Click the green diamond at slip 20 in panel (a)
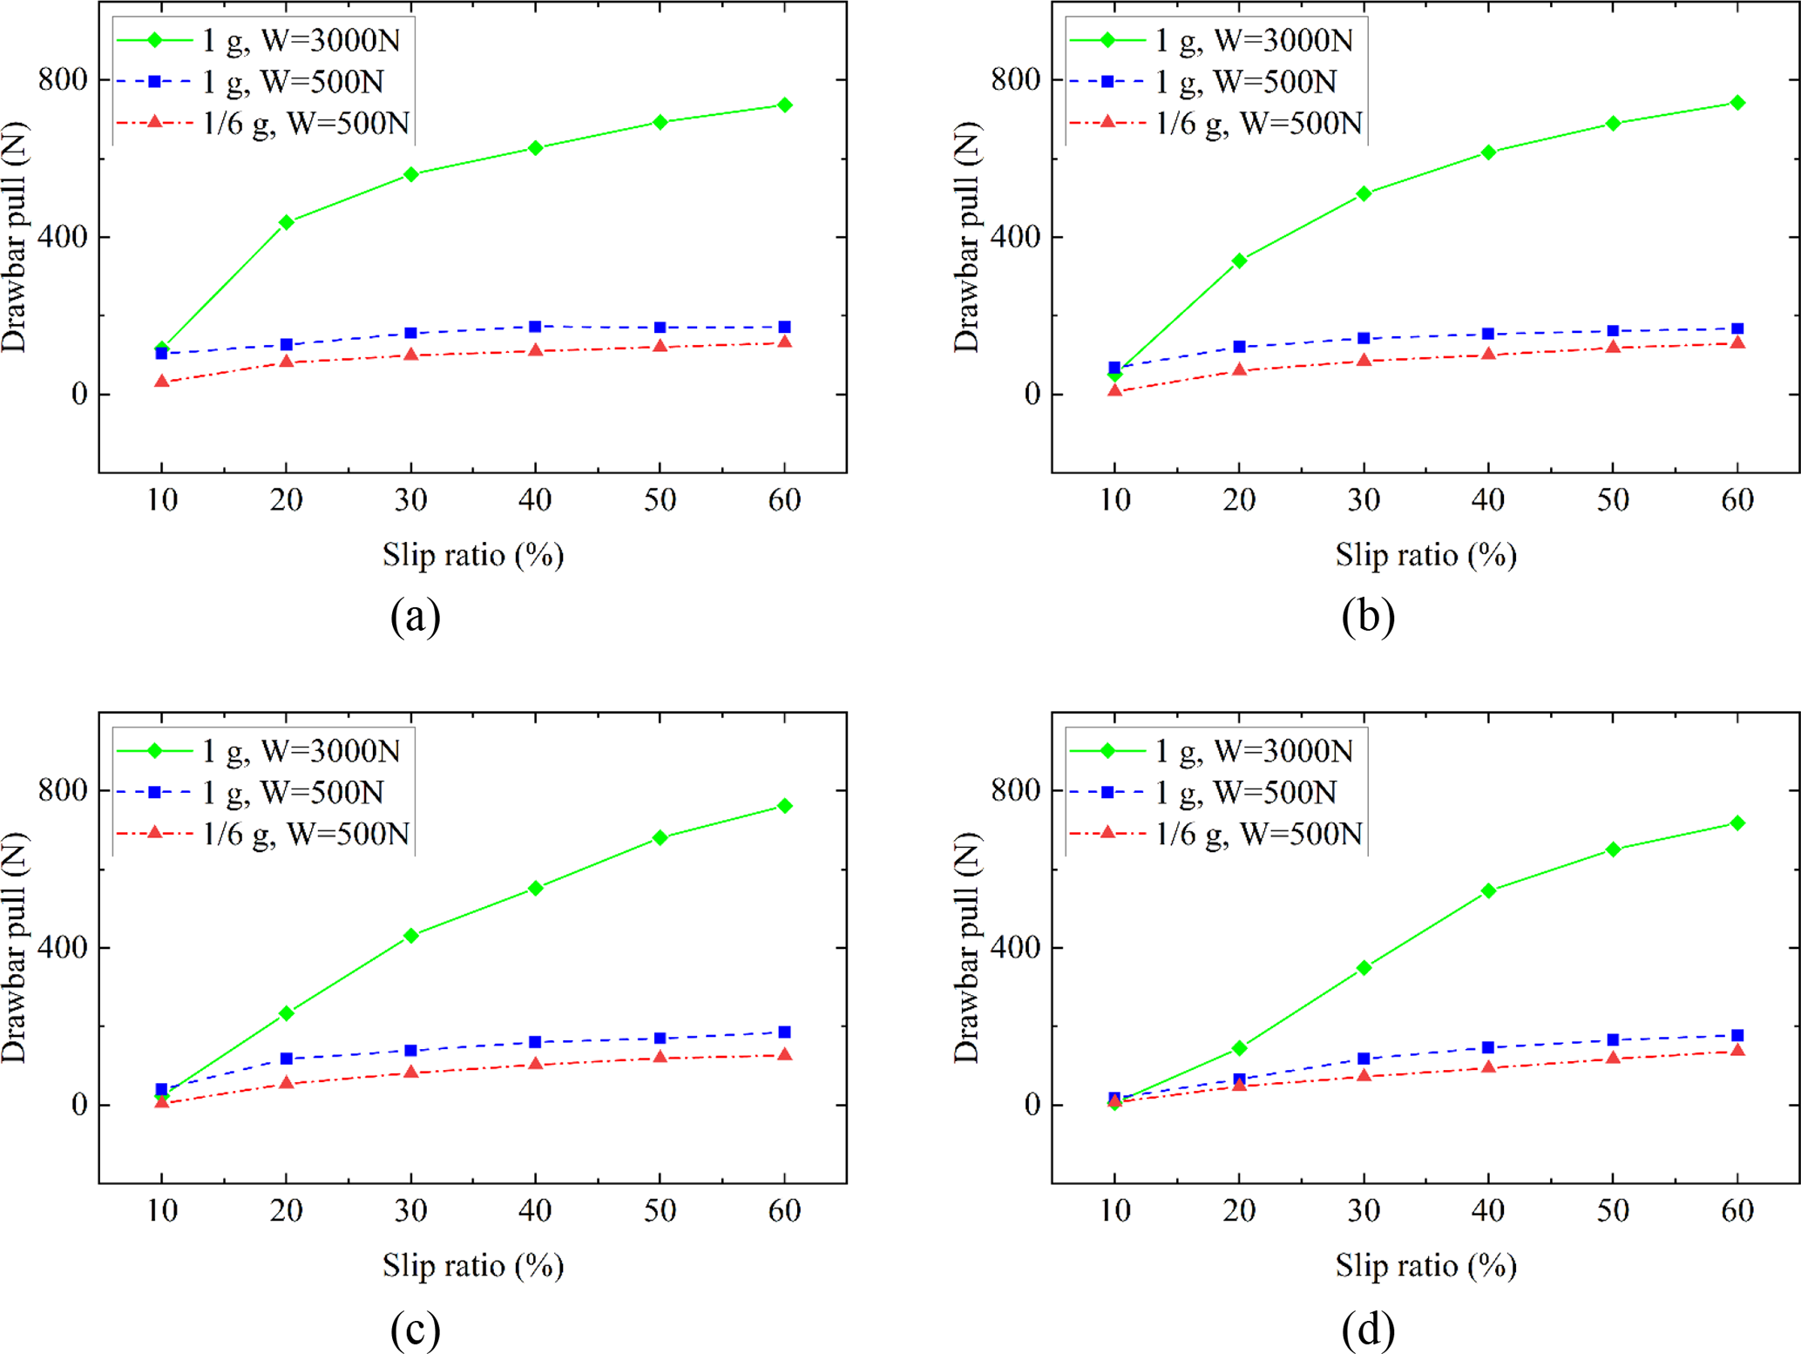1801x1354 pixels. pyautogui.click(x=286, y=222)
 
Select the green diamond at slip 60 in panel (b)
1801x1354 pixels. pyautogui.click(x=1737, y=103)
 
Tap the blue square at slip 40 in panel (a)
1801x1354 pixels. pyautogui.click(x=535, y=327)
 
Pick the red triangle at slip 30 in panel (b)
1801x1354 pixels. pyautogui.click(x=1364, y=360)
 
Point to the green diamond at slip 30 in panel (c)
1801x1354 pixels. pyautogui.click(x=410, y=936)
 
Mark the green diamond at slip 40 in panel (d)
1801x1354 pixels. pyautogui.click(x=1488, y=890)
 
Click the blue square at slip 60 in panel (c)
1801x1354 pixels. pyautogui.click(x=784, y=1032)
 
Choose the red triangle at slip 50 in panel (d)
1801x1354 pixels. pyautogui.click(x=1613, y=1058)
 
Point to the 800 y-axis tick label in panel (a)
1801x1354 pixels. pyautogui.click(x=63, y=79)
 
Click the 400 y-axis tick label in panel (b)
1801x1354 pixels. pyautogui.click(x=1016, y=237)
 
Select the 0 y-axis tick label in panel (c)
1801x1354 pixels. pyautogui.click(x=79, y=1105)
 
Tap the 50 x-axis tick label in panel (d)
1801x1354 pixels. pyautogui.click(x=1613, y=1210)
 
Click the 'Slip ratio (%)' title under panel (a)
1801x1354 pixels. pyautogui.click(x=473, y=555)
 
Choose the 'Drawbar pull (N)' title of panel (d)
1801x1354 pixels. pyautogui.click(x=967, y=947)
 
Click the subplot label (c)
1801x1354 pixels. pyautogui.click(x=416, y=1329)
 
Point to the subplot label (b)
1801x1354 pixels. pyautogui.click(x=1368, y=616)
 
